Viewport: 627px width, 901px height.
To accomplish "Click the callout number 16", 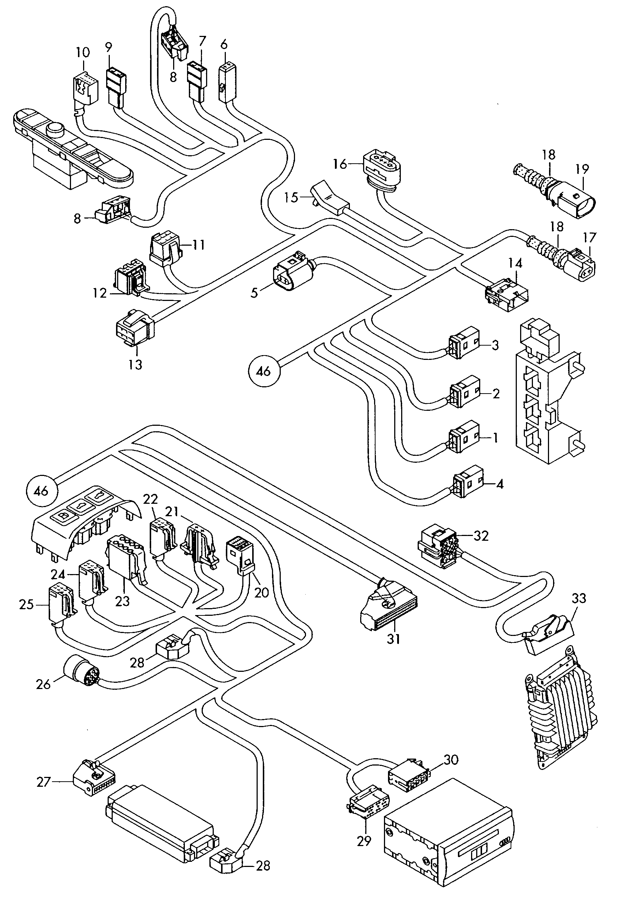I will click(x=340, y=164).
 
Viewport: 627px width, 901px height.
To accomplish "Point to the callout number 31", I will click(x=393, y=639).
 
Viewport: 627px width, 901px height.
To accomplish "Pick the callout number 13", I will click(x=135, y=364).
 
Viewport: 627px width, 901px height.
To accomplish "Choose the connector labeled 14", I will click(x=507, y=294).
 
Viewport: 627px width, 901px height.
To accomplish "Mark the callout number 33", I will click(x=579, y=598).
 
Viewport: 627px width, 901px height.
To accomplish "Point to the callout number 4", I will click(x=500, y=484).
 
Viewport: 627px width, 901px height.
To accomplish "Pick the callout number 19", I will click(x=582, y=169).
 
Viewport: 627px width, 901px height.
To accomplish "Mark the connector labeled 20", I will click(x=240, y=556).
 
